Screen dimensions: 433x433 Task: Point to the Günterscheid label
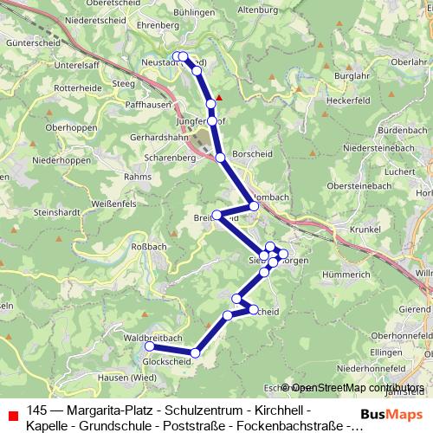[x=30, y=42]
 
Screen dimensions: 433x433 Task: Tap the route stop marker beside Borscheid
[x=221, y=158]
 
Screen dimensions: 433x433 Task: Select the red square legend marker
[x=13, y=415]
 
